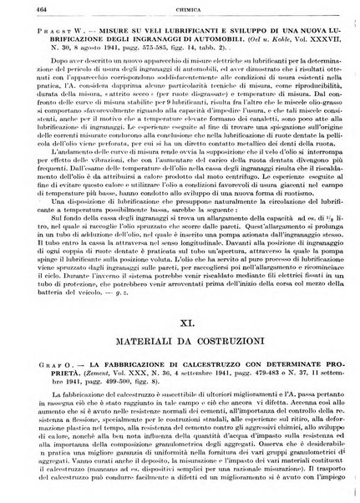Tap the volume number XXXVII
pos(315,49)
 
